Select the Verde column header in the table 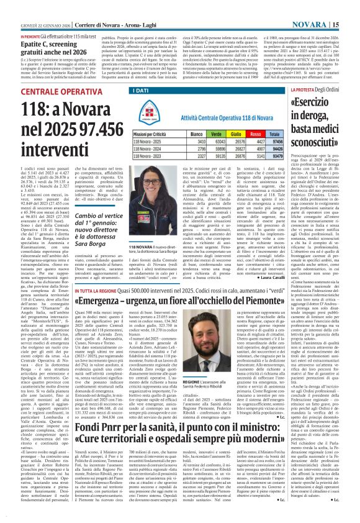tap(218, 134)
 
